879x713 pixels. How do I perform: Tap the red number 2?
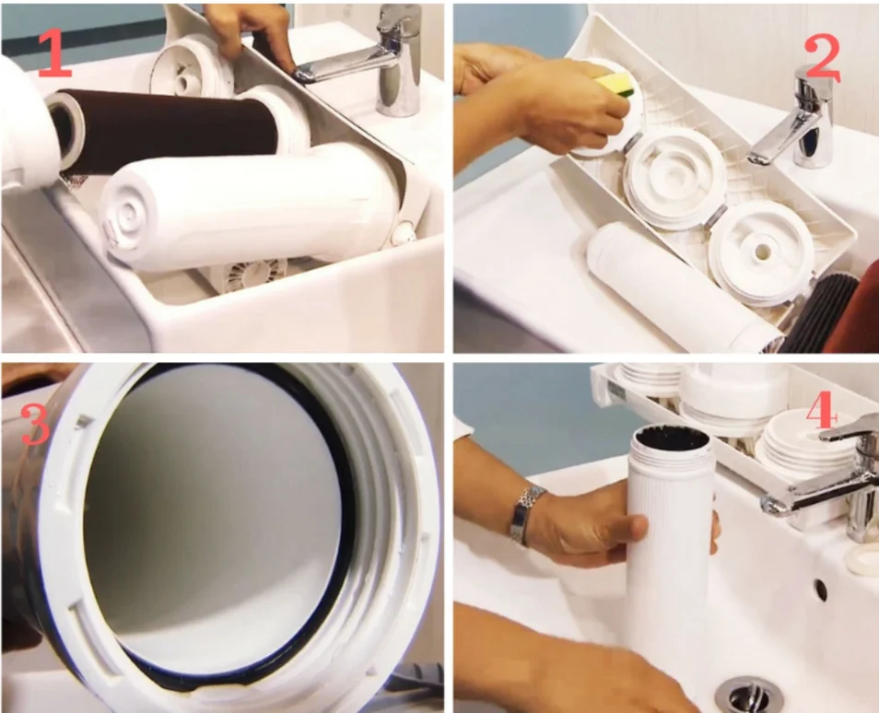pos(823,57)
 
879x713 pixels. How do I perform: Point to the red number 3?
pos(35,424)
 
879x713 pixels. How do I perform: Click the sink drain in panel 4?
pos(748,695)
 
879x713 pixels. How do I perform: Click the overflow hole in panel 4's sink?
pos(820,590)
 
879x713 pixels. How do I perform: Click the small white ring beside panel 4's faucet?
pos(862,559)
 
